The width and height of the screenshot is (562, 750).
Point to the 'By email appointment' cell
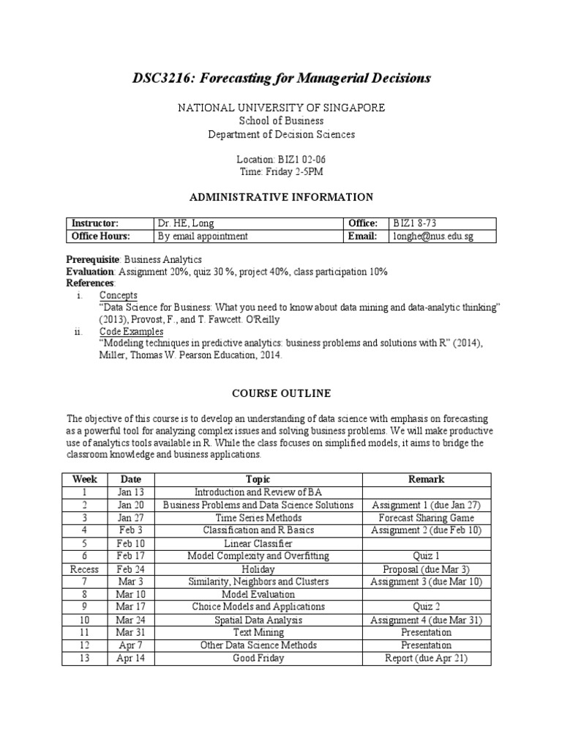203,236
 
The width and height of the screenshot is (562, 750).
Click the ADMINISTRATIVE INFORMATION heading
282,197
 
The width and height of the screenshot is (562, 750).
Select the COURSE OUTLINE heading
282,393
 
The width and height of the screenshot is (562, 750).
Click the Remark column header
427,479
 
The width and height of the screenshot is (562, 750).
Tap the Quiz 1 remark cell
427,556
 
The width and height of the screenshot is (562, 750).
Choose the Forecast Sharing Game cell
427,518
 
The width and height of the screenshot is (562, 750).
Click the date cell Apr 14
131,658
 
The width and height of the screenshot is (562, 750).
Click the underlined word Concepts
118,295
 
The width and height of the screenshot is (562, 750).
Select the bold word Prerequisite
93,259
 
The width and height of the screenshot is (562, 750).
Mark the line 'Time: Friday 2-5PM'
282,171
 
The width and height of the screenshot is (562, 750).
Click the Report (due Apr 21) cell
427,658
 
